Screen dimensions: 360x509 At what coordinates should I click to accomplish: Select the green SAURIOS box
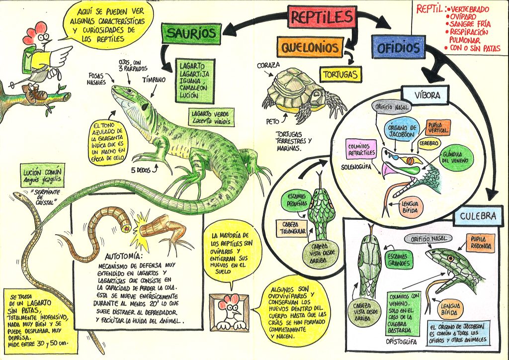pyautogui.click(x=190, y=33)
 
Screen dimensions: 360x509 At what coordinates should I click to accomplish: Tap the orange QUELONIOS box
pyautogui.click(x=310, y=48)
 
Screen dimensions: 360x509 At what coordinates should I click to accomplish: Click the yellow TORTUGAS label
pyautogui.click(x=340, y=74)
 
